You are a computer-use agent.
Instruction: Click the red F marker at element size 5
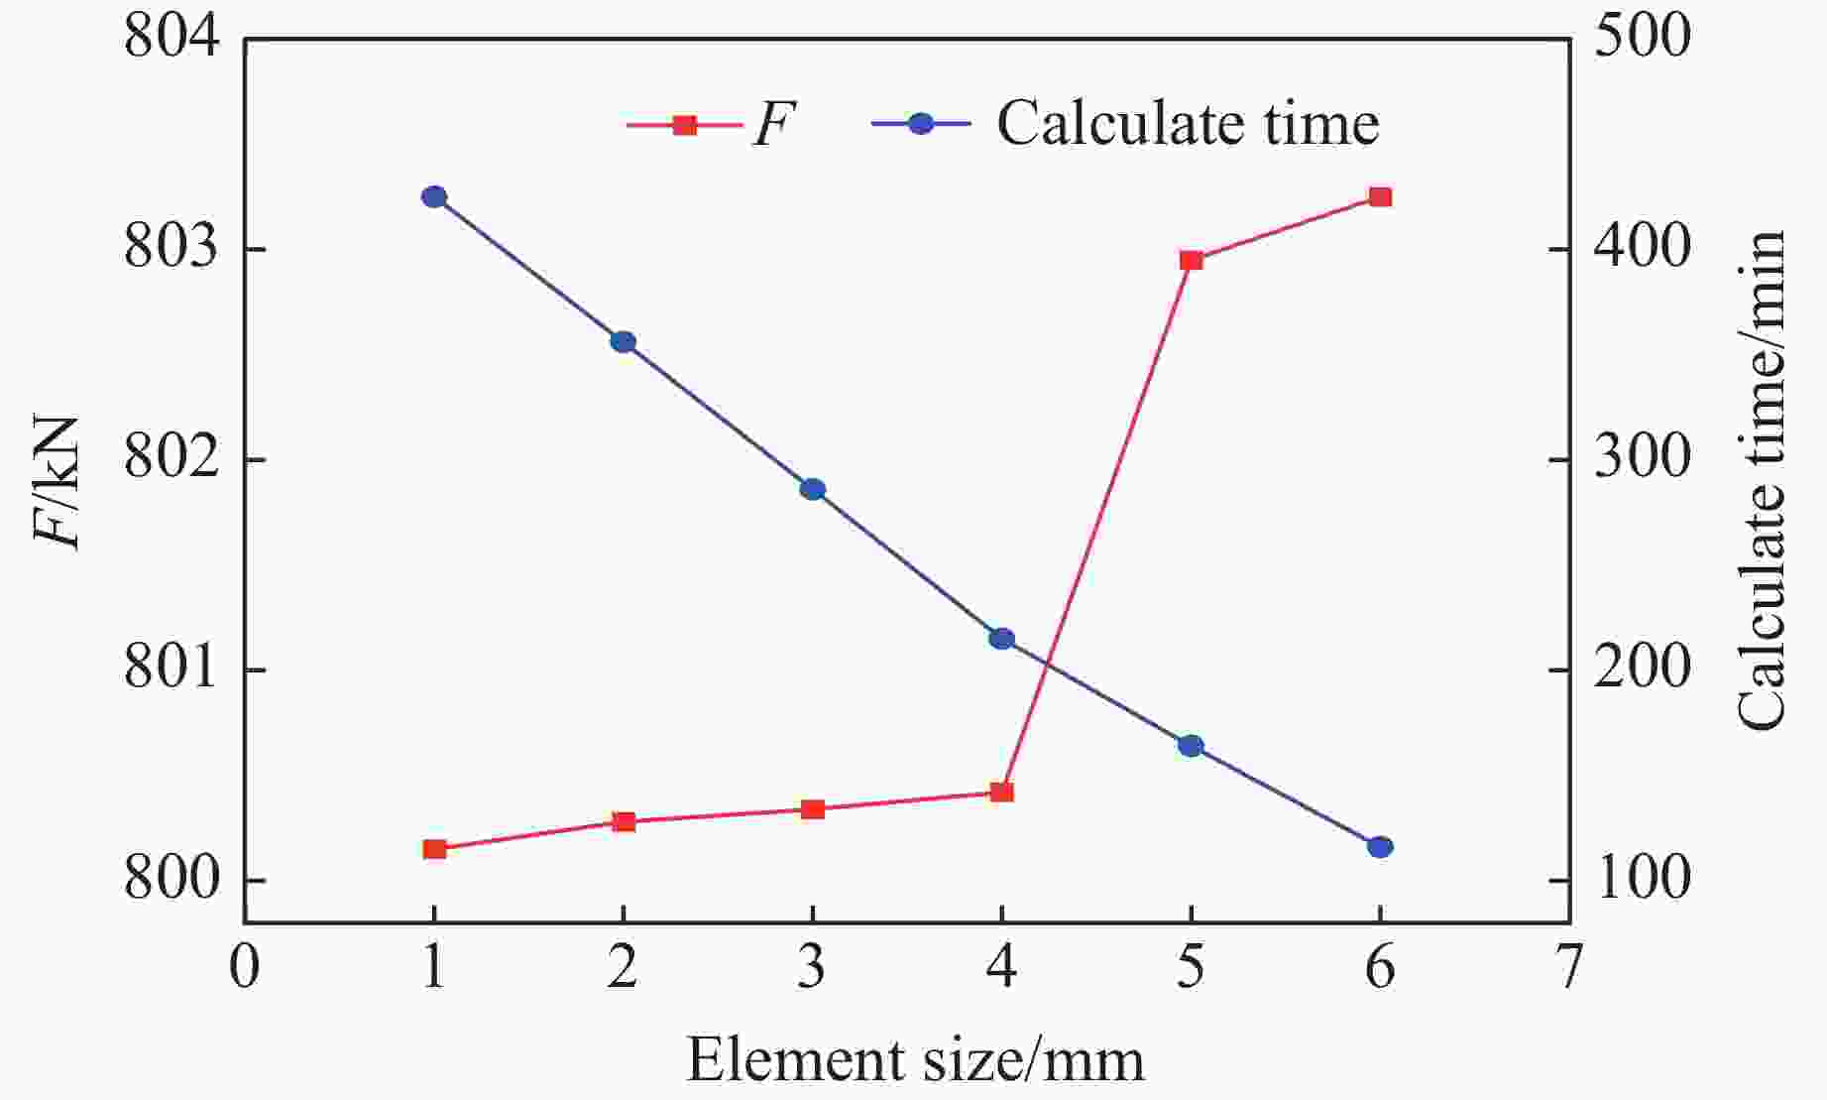(x=1191, y=261)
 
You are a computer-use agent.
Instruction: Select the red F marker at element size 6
(x=1380, y=197)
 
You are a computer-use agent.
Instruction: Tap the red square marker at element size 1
(x=434, y=849)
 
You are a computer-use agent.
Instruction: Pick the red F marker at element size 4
(x=1002, y=792)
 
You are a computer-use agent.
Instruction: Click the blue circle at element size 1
(x=434, y=197)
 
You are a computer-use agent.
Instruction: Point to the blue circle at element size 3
(x=813, y=489)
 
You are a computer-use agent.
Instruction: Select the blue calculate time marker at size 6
(x=1380, y=847)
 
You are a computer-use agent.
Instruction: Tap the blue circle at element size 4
(x=1002, y=639)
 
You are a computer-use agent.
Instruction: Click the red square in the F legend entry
(x=684, y=125)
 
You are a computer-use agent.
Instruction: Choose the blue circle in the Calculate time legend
(x=921, y=125)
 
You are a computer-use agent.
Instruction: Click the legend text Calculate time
(x=1188, y=125)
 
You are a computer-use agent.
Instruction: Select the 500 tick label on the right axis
(x=1642, y=40)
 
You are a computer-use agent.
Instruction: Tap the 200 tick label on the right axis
(x=1642, y=671)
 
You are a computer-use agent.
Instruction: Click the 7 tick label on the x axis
(x=1568, y=968)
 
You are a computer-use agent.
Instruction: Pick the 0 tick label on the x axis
(x=244, y=968)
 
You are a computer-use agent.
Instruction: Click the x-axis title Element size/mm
(x=915, y=1060)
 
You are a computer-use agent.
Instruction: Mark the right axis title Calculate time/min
(x=1763, y=482)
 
